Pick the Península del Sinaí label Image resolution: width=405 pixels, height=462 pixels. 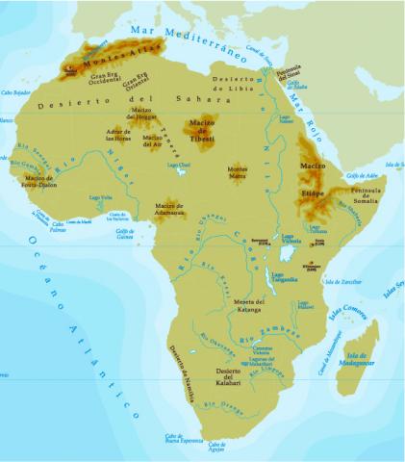(290, 74)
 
